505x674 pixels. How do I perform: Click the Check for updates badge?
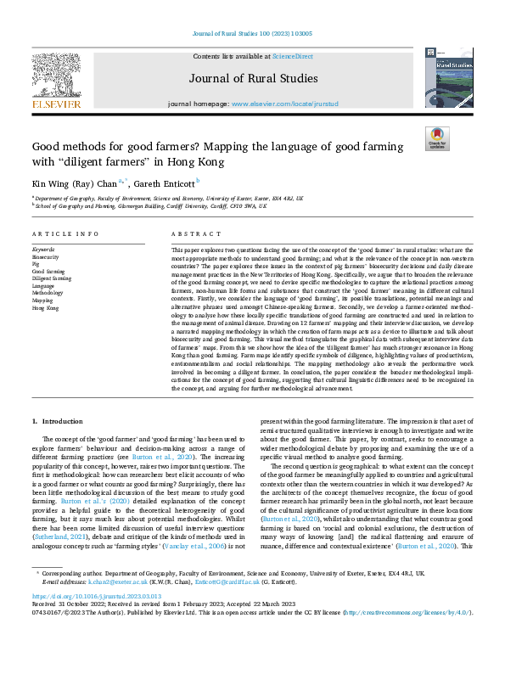click(437, 138)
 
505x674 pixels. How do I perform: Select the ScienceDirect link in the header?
click(289, 55)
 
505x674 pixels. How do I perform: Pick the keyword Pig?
click(35, 263)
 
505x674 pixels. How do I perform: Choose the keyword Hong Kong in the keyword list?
click(45, 308)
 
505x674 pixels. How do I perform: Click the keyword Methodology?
click(48, 293)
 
